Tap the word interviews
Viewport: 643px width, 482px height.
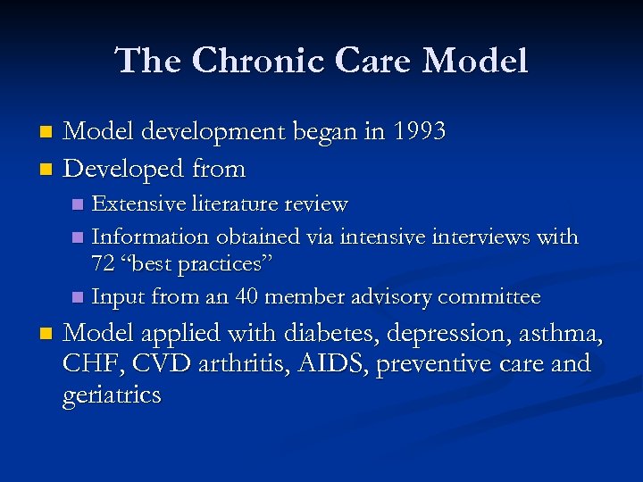[479, 237]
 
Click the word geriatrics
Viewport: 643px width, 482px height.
[112, 395]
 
